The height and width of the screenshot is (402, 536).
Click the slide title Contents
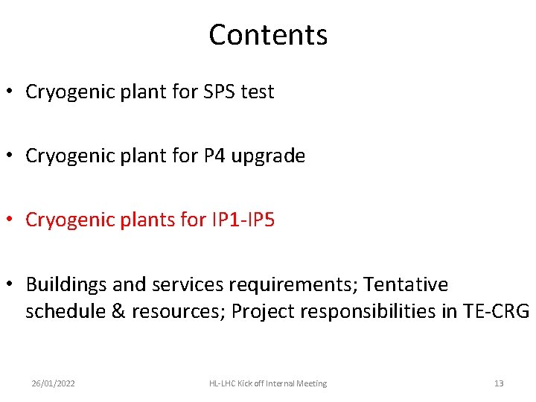(x=268, y=35)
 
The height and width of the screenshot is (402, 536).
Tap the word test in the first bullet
(x=257, y=92)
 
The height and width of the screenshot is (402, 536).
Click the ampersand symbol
(x=118, y=311)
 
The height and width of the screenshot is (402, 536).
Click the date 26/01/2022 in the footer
(x=53, y=383)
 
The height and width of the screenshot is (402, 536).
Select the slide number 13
(x=499, y=383)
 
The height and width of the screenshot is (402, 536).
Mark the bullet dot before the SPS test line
(x=10, y=93)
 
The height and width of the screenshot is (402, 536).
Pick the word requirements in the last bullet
(x=293, y=285)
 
